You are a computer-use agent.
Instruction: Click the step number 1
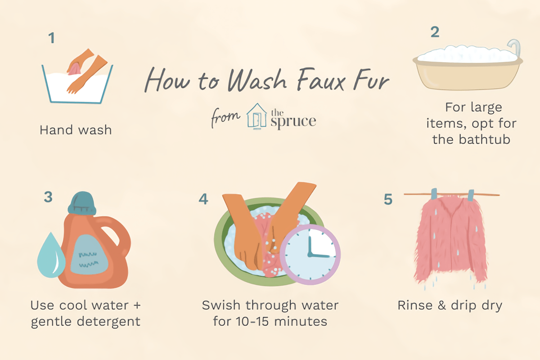click(52, 38)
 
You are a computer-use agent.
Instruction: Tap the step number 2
click(435, 32)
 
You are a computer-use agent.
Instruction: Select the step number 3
click(48, 197)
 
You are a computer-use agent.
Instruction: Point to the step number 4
click(203, 199)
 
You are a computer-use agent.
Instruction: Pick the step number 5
click(388, 199)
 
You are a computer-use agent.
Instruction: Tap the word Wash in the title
click(257, 79)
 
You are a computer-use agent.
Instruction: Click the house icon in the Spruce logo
click(257, 116)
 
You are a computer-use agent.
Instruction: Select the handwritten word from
click(225, 117)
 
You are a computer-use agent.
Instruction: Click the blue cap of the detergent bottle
click(82, 203)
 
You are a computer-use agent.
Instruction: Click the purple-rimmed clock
click(310, 255)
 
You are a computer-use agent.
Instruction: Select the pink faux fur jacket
click(450, 239)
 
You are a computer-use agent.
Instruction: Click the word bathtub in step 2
click(484, 139)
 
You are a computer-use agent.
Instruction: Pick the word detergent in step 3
click(108, 322)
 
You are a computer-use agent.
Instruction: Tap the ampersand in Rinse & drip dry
click(441, 305)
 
